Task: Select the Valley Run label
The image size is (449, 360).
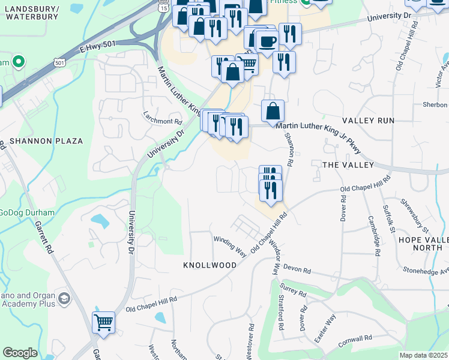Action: pos(369,121)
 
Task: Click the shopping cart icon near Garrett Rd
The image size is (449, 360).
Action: pos(104,323)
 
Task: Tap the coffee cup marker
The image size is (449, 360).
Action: pos(267,41)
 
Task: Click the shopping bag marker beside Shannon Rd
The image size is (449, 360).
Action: pos(273,111)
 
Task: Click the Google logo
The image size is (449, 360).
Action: pos(20,353)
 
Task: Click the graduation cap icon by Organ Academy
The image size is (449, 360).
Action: pos(64,298)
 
